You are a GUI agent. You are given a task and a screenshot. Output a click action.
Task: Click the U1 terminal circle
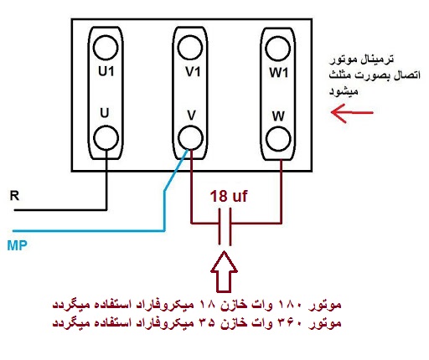pyautogui.click(x=106, y=44)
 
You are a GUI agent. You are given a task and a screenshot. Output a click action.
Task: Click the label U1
pyautogui.click(x=106, y=74)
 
